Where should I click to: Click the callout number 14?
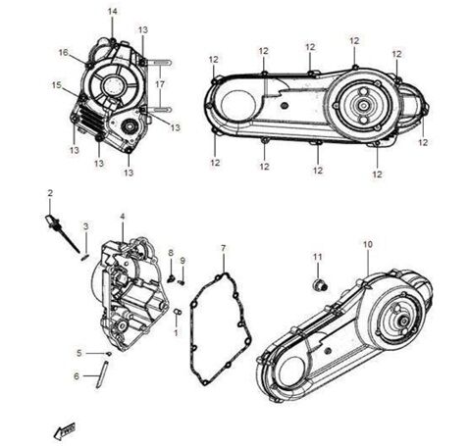(112, 11)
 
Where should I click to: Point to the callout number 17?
(159, 85)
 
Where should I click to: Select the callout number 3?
(85, 226)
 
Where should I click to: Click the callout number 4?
(122, 216)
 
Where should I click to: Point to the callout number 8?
(171, 253)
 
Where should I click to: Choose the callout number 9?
(183, 260)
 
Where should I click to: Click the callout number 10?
(367, 244)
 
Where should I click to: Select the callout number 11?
(317, 257)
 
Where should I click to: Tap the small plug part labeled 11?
(319, 285)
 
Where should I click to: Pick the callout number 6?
(76, 375)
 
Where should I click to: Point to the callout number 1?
(176, 331)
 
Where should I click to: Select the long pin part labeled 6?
(99, 376)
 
